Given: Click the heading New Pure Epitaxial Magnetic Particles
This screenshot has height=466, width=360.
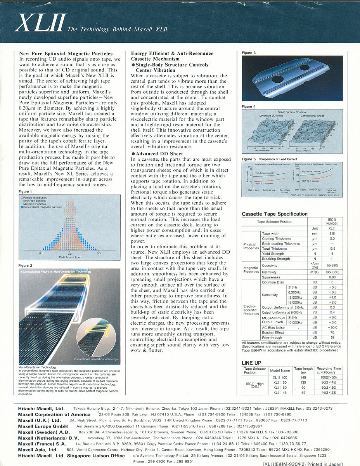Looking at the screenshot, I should click(66, 54).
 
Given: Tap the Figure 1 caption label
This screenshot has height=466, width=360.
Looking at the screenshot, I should click(25, 192).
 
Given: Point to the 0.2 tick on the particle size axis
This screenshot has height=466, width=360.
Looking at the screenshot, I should click(70, 253).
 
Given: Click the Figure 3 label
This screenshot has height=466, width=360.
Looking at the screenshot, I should click(249, 53).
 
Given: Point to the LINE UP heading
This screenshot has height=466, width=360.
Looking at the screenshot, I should click(252, 363).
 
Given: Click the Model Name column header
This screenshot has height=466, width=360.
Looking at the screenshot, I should click(280, 370).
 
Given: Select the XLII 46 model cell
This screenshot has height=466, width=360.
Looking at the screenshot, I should click(280, 393).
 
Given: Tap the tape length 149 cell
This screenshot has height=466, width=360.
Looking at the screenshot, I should click(303, 377).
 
